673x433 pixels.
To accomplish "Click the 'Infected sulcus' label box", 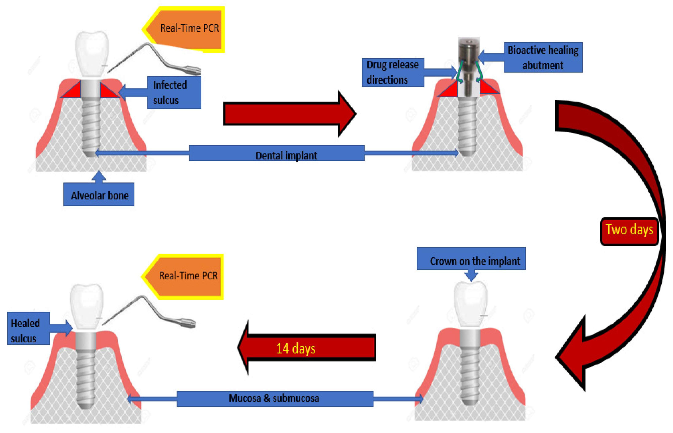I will [x=174, y=92].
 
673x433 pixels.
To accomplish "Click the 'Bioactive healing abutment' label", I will [x=543, y=57].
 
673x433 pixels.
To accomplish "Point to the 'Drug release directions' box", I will [x=393, y=72].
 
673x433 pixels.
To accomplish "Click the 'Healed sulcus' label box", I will [x=28, y=328].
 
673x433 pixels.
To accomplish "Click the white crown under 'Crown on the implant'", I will [x=470, y=304].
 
